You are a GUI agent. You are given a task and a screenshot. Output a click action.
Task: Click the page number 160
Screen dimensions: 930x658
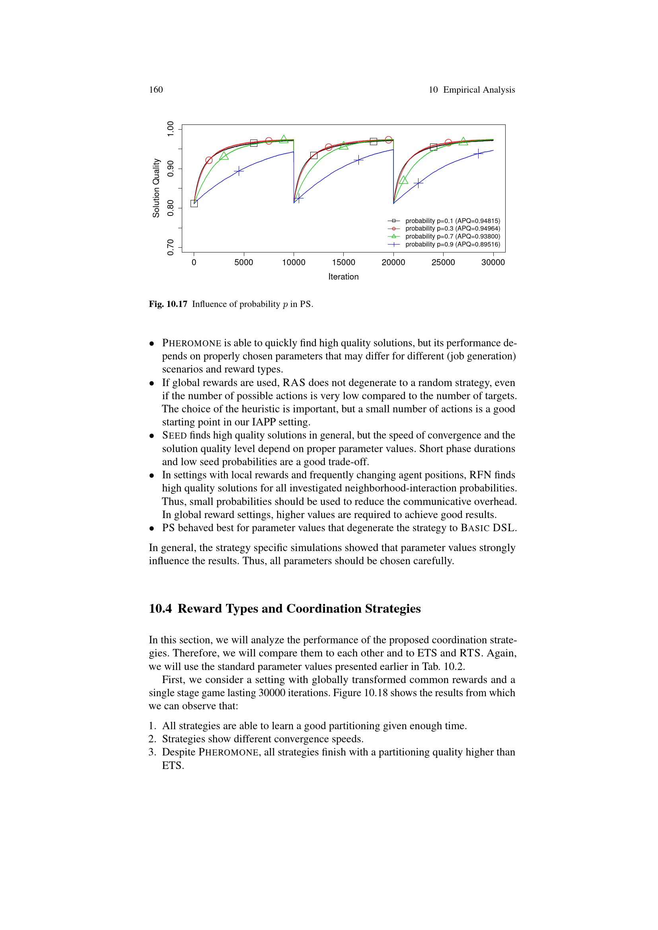156,90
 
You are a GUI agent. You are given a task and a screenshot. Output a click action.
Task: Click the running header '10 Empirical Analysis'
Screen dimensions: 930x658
472,90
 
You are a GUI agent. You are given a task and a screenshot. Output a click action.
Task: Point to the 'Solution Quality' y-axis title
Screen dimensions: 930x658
156,188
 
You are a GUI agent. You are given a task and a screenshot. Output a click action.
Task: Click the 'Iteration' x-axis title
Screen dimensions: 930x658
343,277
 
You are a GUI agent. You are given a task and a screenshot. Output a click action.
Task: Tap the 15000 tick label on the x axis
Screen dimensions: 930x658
343,262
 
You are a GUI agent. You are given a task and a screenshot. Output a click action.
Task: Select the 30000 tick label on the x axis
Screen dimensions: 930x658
493,262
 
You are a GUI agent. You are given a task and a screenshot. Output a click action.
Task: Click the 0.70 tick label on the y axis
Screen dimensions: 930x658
171,247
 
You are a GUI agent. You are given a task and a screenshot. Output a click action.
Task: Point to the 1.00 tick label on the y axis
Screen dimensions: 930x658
171,129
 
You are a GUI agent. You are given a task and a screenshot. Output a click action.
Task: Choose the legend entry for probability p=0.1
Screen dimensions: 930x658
452,221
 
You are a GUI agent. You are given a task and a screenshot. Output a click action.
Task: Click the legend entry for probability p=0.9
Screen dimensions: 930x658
452,244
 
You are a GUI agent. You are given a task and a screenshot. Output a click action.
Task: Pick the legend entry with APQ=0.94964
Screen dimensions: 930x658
452,229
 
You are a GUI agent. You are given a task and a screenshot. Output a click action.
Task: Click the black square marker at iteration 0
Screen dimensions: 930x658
194,204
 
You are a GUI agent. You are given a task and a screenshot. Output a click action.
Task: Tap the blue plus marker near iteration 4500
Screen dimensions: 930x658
239,171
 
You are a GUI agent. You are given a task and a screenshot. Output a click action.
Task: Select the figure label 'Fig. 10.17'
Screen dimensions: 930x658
168,304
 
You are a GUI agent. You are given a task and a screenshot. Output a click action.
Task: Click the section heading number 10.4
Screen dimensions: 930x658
160,609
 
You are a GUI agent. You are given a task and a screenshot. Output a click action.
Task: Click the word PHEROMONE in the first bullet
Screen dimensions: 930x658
192,344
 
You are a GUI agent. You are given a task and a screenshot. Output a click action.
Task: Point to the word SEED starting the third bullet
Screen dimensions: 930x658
174,435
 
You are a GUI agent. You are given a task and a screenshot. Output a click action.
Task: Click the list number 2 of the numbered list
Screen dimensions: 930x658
152,739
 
